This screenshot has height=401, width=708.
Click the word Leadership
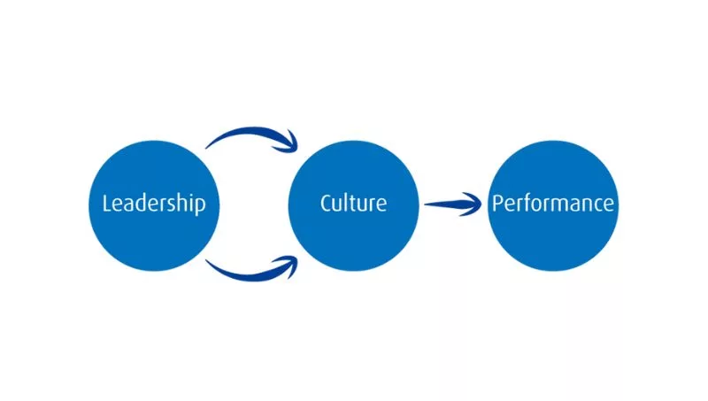(154, 204)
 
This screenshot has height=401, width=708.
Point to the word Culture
(353, 203)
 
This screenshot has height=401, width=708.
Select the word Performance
(552, 204)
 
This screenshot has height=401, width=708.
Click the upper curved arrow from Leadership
(248, 133)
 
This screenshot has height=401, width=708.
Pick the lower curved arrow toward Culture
(248, 270)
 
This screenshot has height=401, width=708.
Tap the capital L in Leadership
(107, 204)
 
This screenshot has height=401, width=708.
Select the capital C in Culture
(326, 203)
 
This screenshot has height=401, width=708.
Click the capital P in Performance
(496, 204)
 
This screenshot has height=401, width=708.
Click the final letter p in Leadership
(201, 206)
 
